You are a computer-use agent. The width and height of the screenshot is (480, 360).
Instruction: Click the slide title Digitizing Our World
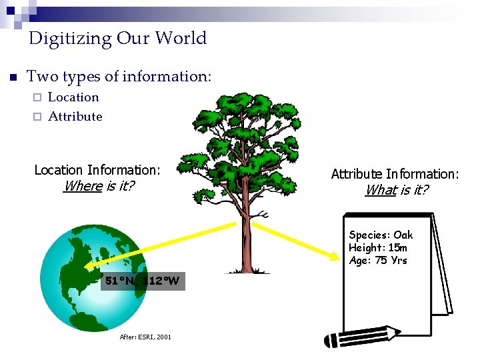point(118,38)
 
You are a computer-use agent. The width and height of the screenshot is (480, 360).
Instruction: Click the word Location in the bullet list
point(73,97)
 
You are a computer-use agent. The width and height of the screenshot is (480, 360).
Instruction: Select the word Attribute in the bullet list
point(75,117)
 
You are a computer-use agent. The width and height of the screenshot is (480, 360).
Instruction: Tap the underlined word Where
point(83,186)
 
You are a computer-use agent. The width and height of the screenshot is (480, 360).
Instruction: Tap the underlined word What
point(380,190)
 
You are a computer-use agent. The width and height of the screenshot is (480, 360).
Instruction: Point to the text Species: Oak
point(381,235)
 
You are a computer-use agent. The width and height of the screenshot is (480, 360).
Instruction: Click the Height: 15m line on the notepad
point(378,247)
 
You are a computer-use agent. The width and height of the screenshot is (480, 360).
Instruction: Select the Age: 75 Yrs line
point(377,260)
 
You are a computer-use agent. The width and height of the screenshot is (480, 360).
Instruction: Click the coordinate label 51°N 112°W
point(142,281)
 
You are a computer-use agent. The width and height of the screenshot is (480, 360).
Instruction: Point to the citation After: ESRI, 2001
point(145,337)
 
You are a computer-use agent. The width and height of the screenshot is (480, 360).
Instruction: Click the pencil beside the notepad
point(360,337)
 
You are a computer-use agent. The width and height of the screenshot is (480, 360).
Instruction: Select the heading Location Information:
point(97,170)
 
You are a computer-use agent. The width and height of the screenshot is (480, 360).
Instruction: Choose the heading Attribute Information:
point(395,174)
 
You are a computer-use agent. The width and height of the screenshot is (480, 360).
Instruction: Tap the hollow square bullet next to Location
point(37,97)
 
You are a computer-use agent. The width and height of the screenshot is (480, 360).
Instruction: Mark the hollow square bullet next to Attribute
point(37,117)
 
